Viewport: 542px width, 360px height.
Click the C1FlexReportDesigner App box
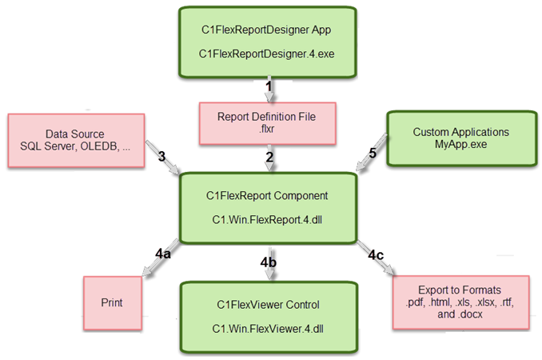[x=267, y=42]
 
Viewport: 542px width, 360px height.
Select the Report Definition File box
[x=266, y=122]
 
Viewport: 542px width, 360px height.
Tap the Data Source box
[x=77, y=140]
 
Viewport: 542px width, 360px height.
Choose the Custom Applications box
[x=460, y=138]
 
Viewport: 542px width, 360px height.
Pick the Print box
[x=111, y=303]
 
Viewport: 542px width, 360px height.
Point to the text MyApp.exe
[x=460, y=145]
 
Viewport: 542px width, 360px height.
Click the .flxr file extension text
[x=266, y=129]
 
